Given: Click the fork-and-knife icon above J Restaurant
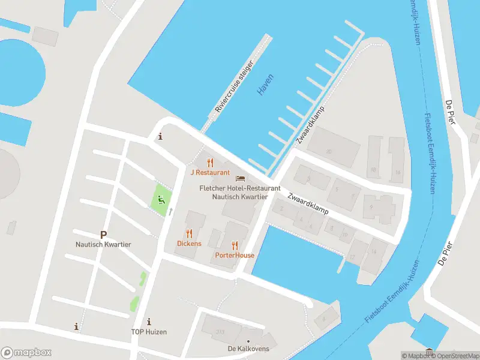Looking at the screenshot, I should (x=209, y=162).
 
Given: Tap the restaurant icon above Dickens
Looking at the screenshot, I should (x=189, y=233).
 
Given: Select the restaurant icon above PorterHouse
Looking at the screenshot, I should (x=235, y=245).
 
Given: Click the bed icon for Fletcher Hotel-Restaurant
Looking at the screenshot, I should (x=240, y=178).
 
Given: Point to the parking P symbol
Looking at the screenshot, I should (x=103, y=235).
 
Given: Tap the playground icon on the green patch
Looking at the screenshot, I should (x=160, y=199).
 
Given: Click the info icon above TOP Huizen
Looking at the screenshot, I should (x=149, y=322).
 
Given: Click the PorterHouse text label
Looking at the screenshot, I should (x=235, y=255).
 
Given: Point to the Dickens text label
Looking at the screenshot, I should (x=189, y=244).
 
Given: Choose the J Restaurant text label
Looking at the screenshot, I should (x=210, y=172).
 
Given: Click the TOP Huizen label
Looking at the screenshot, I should (x=149, y=332).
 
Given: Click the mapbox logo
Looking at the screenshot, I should (x=26, y=353).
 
